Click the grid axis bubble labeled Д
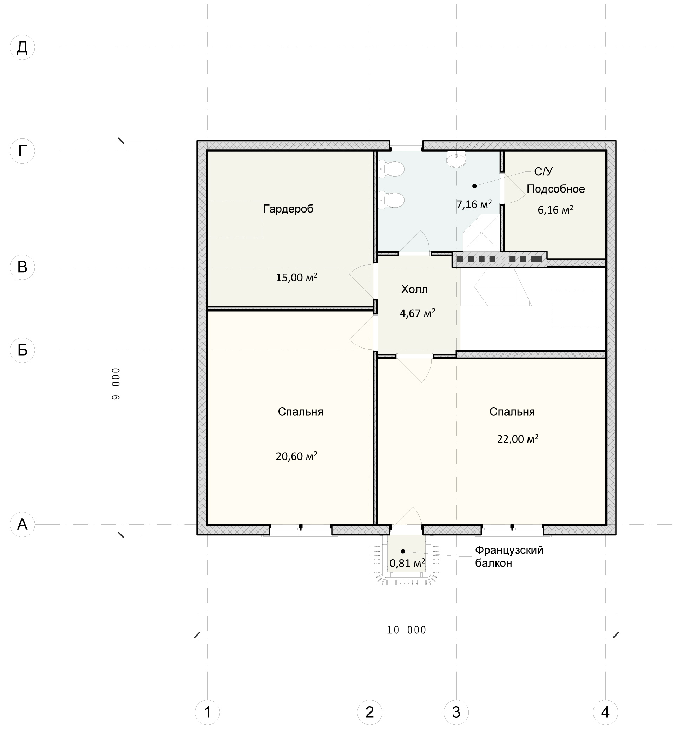point(22,47)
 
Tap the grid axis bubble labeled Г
point(22,151)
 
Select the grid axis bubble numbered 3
point(456,712)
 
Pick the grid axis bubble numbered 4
point(605,712)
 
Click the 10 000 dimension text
point(407,630)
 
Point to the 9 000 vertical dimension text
point(116,384)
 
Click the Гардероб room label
point(288,209)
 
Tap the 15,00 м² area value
point(296,278)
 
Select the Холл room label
point(414,289)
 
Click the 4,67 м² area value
point(418,313)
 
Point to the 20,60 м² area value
point(296,456)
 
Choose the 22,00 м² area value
point(518,439)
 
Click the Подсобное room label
point(556,189)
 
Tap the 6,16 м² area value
point(555,210)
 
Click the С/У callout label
point(544,172)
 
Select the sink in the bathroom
point(456,159)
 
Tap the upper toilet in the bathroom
point(390,169)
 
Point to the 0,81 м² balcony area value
point(407,563)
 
